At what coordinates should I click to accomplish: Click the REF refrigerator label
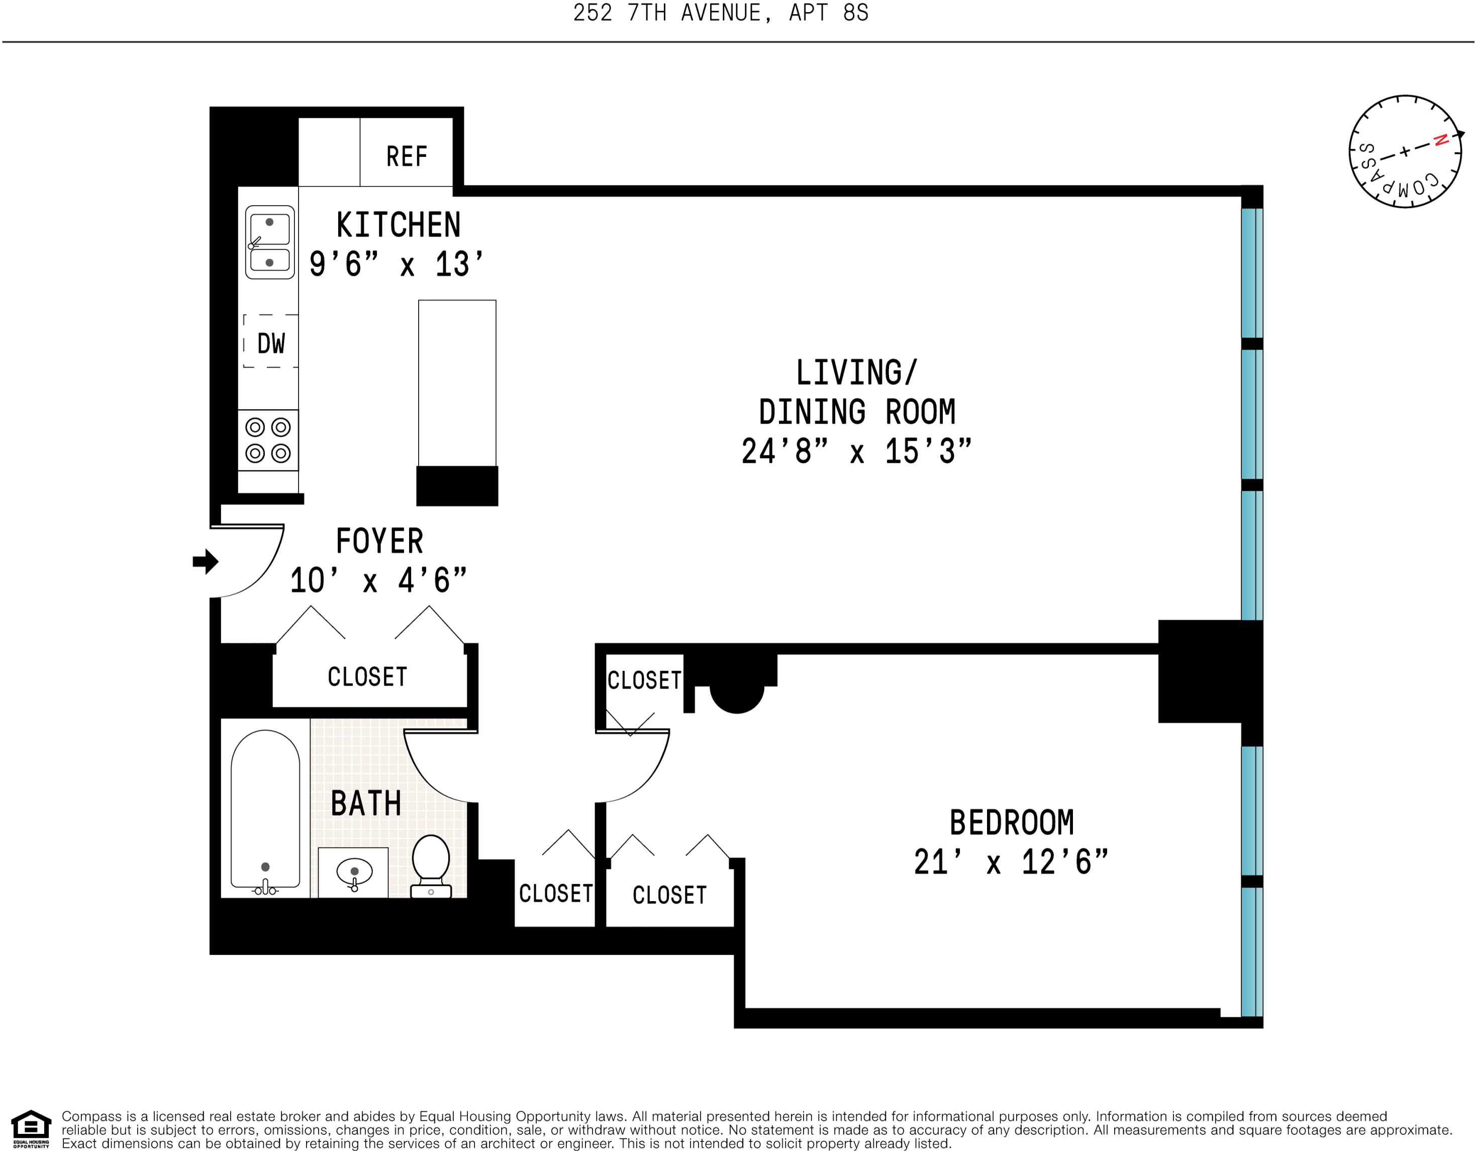click(407, 156)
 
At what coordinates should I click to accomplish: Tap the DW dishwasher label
click(271, 344)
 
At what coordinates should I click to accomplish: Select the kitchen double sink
click(270, 242)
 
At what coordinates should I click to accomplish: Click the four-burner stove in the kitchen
click(268, 440)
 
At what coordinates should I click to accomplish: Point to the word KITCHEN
click(399, 225)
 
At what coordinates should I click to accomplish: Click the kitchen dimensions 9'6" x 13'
click(397, 264)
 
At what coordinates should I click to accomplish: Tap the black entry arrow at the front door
click(206, 561)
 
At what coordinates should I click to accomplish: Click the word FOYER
click(379, 541)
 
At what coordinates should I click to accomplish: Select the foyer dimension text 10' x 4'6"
click(378, 580)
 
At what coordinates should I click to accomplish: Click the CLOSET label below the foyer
click(367, 676)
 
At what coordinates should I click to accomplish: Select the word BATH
click(366, 803)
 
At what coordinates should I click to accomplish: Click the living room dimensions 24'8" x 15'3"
click(856, 451)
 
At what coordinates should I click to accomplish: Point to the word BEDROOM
click(1012, 822)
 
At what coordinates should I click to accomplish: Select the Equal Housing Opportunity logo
click(31, 1129)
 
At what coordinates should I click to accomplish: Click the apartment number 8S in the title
click(855, 13)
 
